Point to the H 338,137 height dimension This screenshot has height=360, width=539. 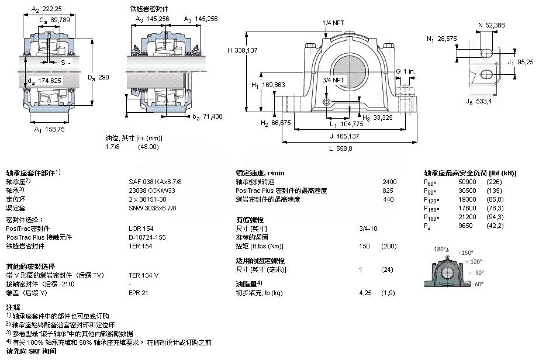(x=242, y=50)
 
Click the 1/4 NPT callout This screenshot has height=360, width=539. (x=333, y=23)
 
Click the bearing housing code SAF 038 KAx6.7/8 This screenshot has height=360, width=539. (x=151, y=182)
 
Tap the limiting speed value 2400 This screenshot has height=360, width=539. (x=389, y=182)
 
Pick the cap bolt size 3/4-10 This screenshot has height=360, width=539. (x=368, y=228)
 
